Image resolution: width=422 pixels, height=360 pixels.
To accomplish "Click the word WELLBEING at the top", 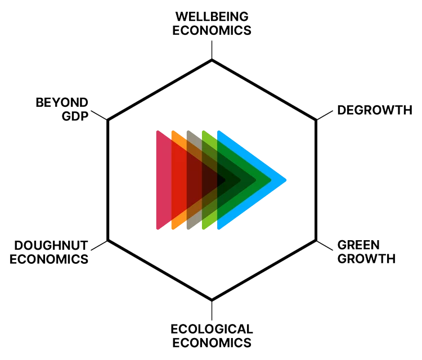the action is pyautogui.click(x=211, y=17).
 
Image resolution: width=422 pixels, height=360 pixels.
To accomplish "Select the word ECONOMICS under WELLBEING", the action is pyautogui.click(x=211, y=30).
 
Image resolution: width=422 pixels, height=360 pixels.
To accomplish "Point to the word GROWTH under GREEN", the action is pyautogui.click(x=366, y=259).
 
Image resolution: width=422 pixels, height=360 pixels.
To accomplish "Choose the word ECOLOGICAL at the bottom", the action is pyautogui.click(x=211, y=328).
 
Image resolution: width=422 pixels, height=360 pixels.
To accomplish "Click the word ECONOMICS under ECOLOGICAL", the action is pyautogui.click(x=211, y=341).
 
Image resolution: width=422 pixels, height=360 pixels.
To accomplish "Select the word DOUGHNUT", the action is pyautogui.click(x=51, y=245).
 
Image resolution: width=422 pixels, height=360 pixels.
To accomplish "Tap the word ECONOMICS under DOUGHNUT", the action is pyautogui.click(x=50, y=259).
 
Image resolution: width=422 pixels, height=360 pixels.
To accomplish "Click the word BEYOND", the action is pyautogui.click(x=62, y=103).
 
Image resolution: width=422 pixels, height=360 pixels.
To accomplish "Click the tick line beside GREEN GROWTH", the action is pyautogui.click(x=325, y=246).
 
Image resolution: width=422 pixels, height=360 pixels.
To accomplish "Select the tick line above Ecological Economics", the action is pyautogui.click(x=212, y=310).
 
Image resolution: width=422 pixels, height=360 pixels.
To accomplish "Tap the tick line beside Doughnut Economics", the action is pyautogui.click(x=98, y=246).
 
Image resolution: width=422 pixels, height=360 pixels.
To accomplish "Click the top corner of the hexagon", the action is pyautogui.click(x=212, y=60).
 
